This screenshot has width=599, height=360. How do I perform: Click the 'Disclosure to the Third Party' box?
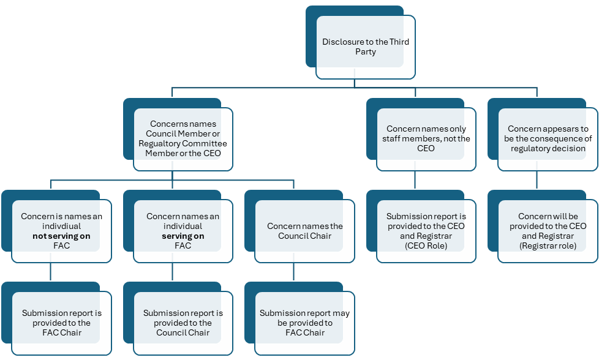(x=365, y=47)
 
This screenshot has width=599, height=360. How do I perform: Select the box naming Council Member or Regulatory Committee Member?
(x=183, y=139)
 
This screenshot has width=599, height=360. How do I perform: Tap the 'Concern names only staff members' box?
(x=426, y=138)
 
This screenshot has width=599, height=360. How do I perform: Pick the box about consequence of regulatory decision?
(x=547, y=138)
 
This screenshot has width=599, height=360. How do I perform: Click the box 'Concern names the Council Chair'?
(x=304, y=231)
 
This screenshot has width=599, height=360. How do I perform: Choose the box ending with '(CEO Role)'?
(x=426, y=231)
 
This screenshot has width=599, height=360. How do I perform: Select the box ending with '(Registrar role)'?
(x=547, y=231)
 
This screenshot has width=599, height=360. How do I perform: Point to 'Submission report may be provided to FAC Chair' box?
(x=304, y=323)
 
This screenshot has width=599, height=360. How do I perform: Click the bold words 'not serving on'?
(x=61, y=236)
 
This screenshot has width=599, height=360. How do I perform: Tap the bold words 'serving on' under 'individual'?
(x=183, y=236)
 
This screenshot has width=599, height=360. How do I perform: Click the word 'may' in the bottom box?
(x=341, y=313)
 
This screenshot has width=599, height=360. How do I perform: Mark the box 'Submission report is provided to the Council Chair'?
(x=183, y=323)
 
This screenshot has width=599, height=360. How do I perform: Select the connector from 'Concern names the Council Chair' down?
(x=293, y=272)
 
